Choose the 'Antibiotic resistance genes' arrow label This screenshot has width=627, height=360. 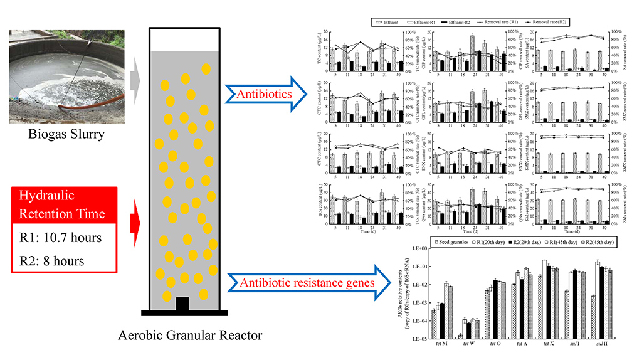pos(307,283)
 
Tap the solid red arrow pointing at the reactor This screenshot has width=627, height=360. pos(133,221)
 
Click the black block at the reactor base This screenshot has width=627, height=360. pos(182,304)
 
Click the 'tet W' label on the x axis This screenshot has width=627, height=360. pos(468,344)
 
